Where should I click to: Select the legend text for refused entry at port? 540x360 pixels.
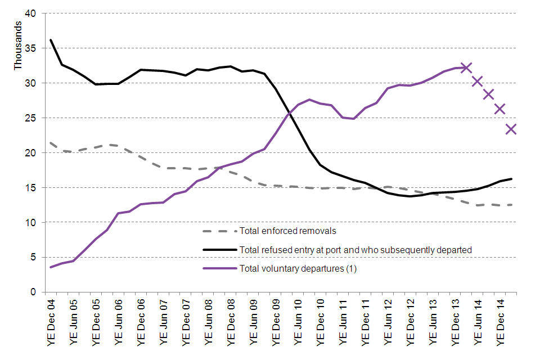click(355, 250)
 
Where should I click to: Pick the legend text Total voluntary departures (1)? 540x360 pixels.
click(298, 268)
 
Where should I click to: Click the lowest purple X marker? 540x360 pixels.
click(511, 129)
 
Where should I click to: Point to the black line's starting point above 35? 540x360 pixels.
click(51, 40)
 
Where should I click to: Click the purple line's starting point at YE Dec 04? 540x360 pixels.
click(51, 267)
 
